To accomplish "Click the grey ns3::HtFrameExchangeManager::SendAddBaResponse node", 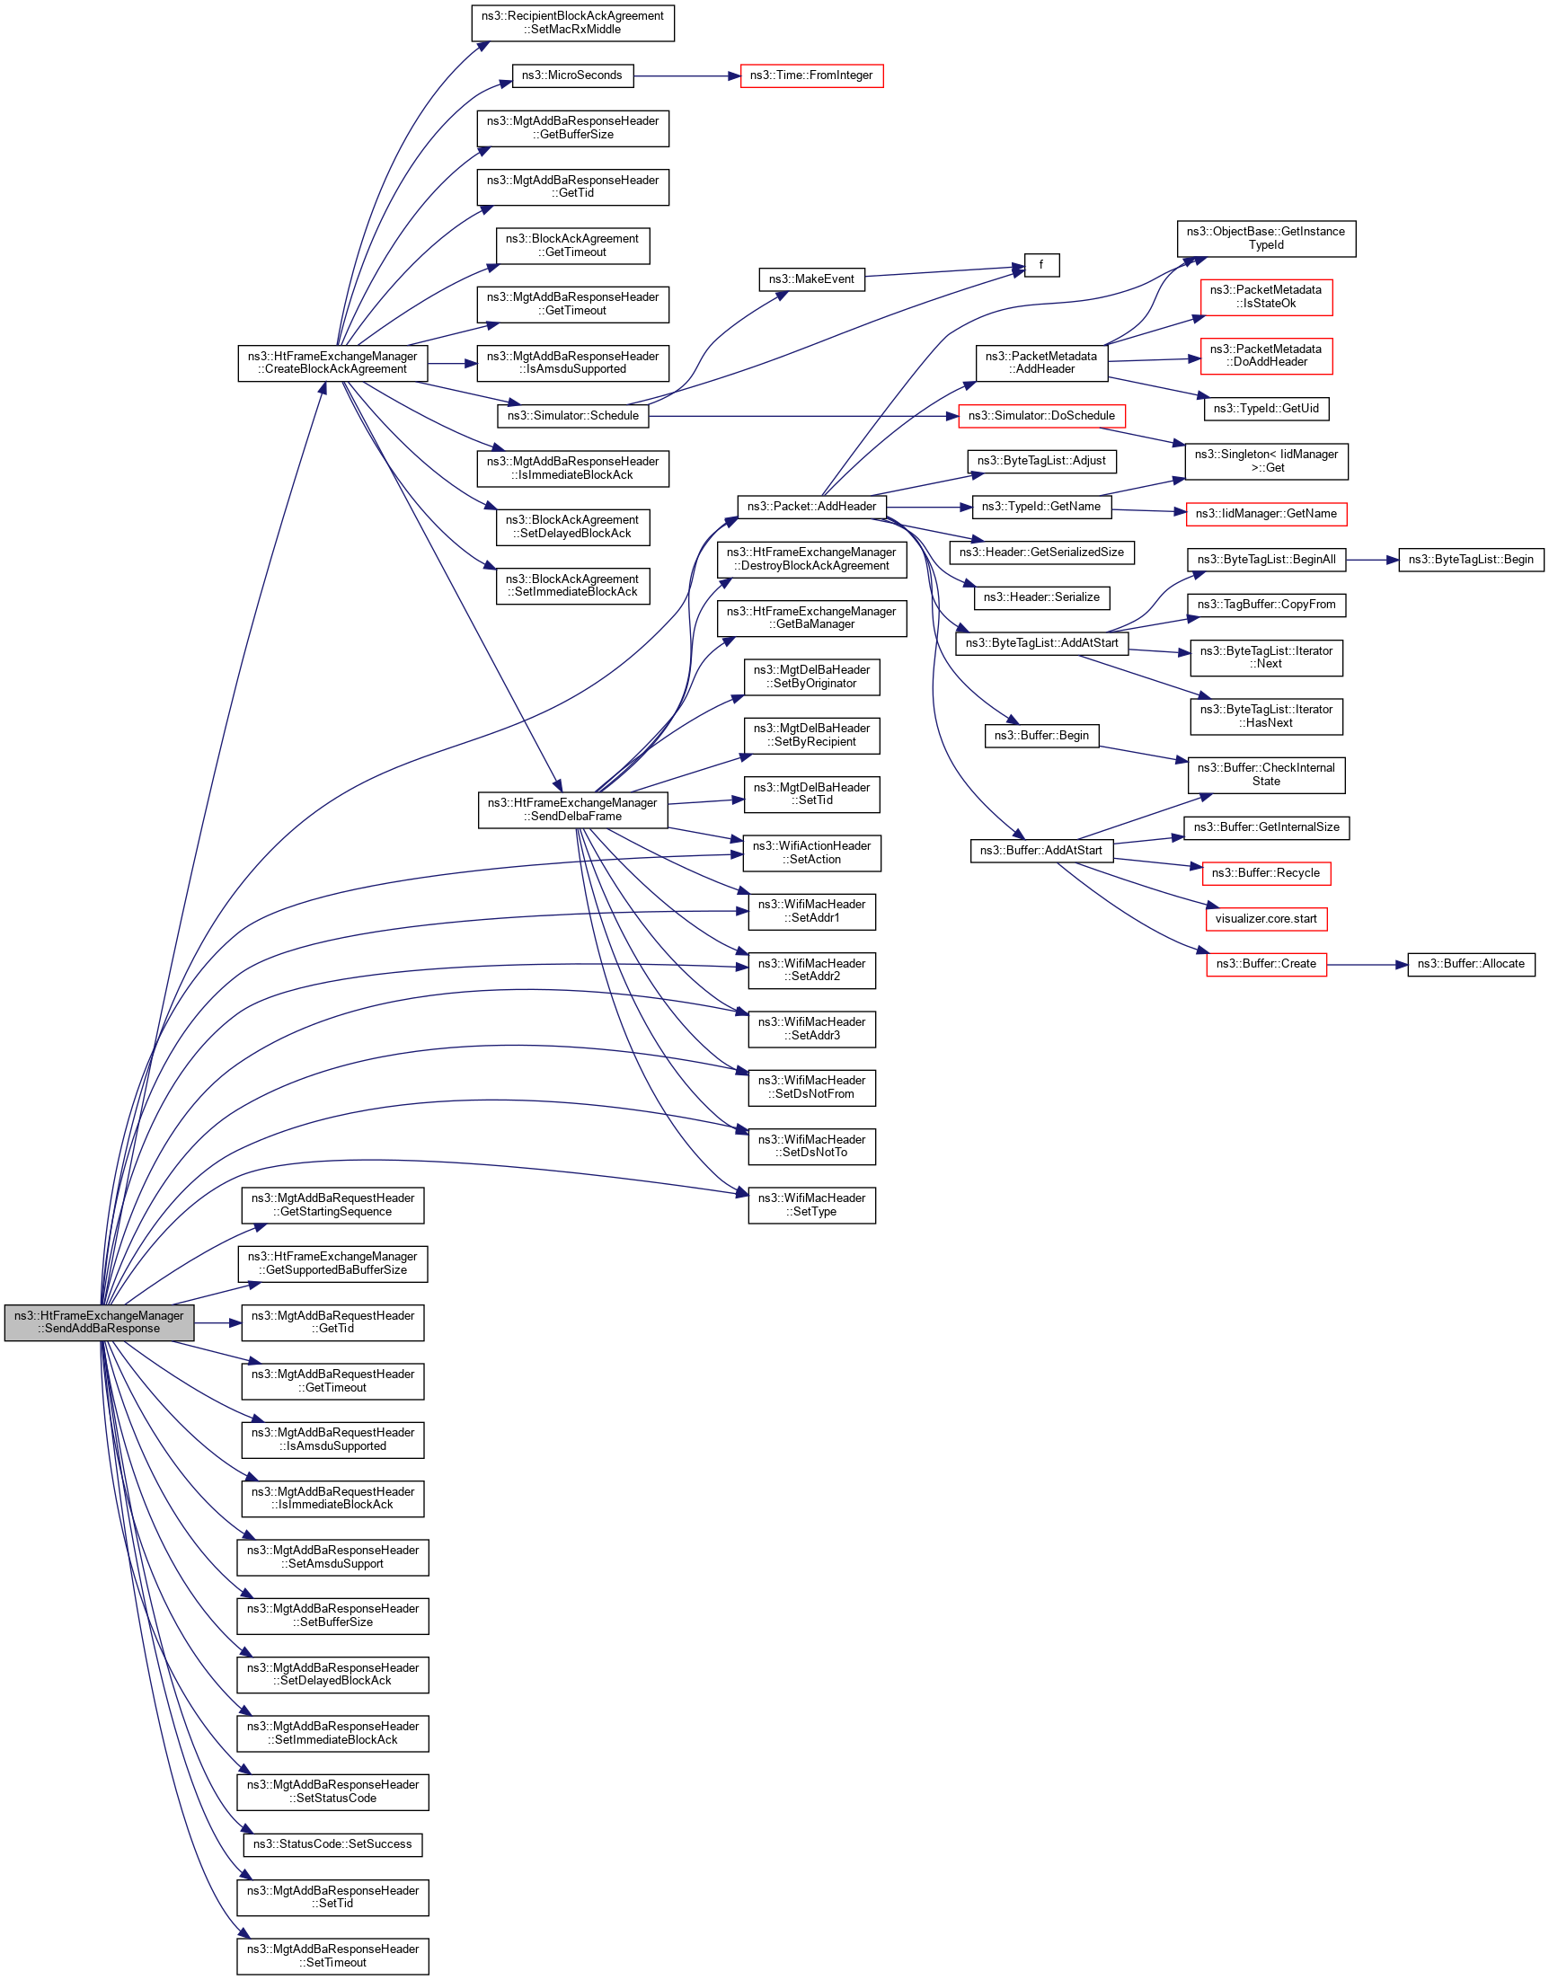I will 99,1322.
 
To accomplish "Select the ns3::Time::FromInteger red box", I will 810,76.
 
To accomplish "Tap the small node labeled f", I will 1041,266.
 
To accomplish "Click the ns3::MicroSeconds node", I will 572,76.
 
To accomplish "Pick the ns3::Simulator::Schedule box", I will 572,416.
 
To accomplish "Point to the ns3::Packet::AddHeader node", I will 810,507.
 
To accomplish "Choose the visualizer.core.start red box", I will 1265,919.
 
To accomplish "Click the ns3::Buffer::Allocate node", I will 1470,965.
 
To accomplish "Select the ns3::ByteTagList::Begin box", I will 1470,561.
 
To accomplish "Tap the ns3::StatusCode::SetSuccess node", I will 332,1845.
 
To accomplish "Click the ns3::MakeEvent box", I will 810,280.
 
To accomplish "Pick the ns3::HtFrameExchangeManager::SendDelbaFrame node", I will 572,810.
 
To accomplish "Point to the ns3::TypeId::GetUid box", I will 1265,409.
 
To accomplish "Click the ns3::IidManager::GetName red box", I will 1265,514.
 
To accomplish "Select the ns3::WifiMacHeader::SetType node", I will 810,1206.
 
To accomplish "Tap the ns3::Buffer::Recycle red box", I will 1265,874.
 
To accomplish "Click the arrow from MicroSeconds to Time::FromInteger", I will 686,76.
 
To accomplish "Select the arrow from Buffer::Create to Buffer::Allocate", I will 1367,965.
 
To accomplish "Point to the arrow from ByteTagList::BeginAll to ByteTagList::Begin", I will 1372,561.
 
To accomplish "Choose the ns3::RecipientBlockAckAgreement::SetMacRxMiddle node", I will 572,22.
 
